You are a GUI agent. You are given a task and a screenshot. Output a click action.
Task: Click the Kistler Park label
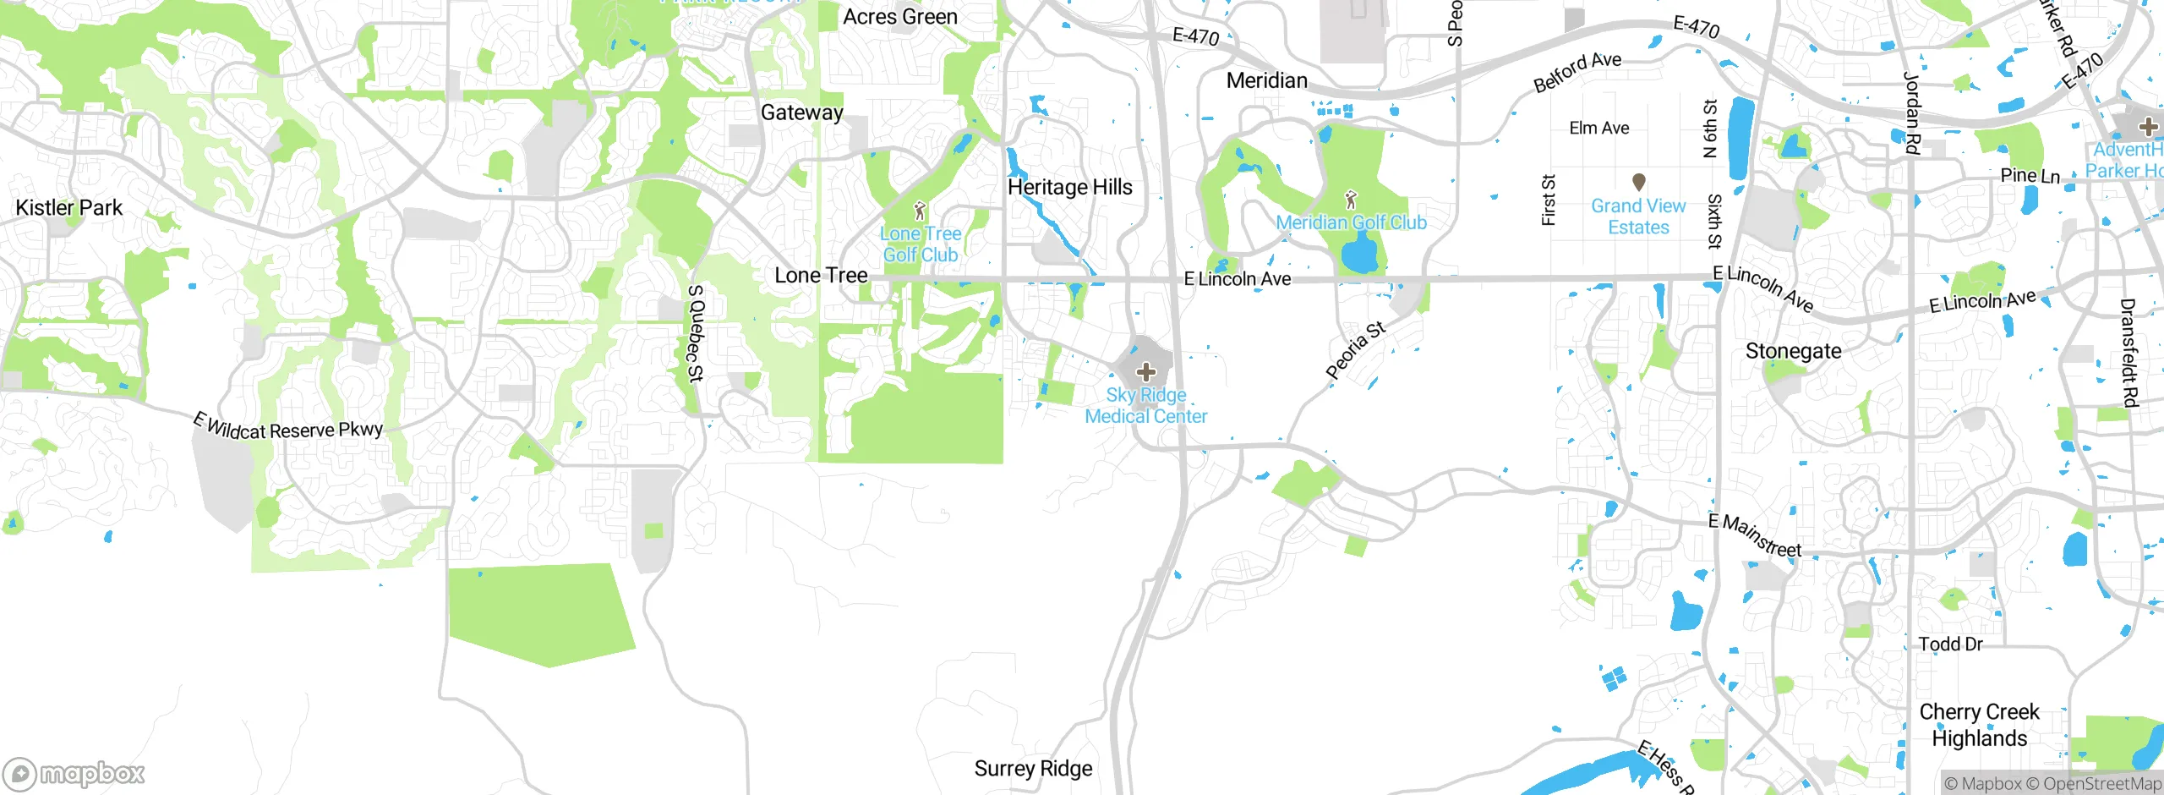click(69, 207)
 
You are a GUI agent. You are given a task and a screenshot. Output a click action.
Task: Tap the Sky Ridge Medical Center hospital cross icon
click(1145, 372)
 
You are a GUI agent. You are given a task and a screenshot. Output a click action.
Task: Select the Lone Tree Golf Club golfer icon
click(920, 211)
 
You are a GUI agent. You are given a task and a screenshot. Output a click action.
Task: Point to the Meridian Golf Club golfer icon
click(1351, 200)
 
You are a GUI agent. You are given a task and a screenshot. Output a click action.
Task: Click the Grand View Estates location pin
click(1638, 182)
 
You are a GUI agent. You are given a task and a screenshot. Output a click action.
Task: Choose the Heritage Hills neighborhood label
click(1069, 187)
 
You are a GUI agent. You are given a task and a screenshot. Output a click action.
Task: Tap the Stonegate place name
click(1793, 351)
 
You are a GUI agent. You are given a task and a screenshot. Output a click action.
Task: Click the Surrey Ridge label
click(1033, 768)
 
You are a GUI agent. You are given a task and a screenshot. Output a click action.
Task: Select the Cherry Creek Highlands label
click(1979, 725)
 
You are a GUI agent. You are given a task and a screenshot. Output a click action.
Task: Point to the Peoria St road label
click(1355, 349)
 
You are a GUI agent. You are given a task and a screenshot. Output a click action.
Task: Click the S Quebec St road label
click(696, 333)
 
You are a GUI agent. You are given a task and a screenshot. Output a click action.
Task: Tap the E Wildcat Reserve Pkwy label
click(287, 427)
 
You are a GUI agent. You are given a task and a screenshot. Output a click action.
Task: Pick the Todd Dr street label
click(1950, 644)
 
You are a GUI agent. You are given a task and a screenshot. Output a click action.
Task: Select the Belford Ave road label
click(1577, 72)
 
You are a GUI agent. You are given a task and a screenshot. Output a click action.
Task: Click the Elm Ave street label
click(1598, 128)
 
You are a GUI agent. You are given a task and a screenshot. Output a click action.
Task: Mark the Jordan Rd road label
click(1912, 112)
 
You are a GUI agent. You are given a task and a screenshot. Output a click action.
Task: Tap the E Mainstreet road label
click(1755, 536)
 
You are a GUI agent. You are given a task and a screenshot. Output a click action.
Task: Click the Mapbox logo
click(74, 774)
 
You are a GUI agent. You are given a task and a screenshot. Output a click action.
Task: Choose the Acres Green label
click(900, 17)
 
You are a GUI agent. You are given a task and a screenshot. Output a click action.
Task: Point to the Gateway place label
click(801, 112)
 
